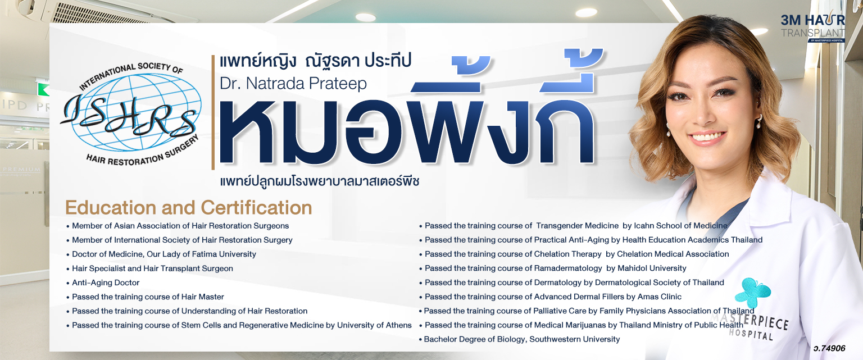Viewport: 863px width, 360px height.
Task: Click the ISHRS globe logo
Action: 131,114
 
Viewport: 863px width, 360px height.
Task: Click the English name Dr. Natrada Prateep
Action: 293,83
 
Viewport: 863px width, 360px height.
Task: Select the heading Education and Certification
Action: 188,208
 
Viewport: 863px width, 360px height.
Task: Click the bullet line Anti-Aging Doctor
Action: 106,282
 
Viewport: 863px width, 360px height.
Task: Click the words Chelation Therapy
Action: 567,254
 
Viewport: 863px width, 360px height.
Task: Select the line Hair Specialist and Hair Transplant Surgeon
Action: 152,268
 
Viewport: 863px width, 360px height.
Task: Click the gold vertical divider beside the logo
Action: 213,112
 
